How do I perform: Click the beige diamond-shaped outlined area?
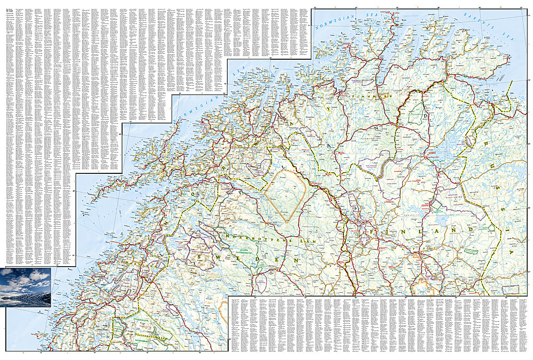pyautogui.click(x=285, y=194)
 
